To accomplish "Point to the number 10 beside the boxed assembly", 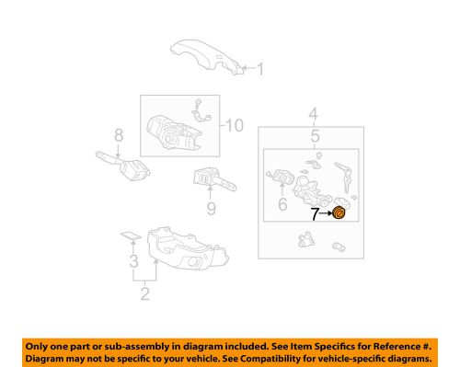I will point(236,125).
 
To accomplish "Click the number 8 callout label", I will point(118,136).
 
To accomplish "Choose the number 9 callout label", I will point(210,210).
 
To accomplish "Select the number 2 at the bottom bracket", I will point(144,294).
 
